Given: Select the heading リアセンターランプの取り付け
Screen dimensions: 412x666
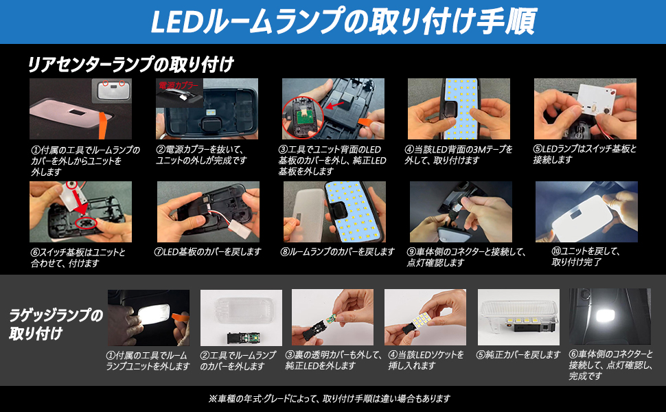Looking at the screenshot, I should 130,65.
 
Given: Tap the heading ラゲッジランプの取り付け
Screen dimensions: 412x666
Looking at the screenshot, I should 56,325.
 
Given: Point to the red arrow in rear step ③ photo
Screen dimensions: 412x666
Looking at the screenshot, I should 337,105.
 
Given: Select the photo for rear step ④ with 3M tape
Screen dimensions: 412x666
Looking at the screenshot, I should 459,109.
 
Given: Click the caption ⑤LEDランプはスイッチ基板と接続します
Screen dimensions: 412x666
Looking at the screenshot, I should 585,154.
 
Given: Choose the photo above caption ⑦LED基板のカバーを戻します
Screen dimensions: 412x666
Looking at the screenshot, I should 208,211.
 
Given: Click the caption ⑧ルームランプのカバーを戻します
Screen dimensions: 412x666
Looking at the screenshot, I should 337,252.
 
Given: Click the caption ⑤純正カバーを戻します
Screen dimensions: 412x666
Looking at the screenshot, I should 518,355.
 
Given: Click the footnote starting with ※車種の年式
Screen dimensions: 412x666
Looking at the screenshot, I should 332,398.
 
